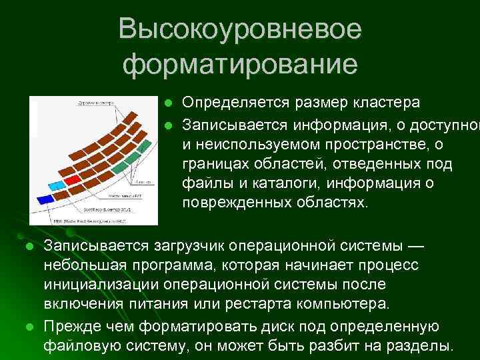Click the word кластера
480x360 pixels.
coord(387,103)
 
